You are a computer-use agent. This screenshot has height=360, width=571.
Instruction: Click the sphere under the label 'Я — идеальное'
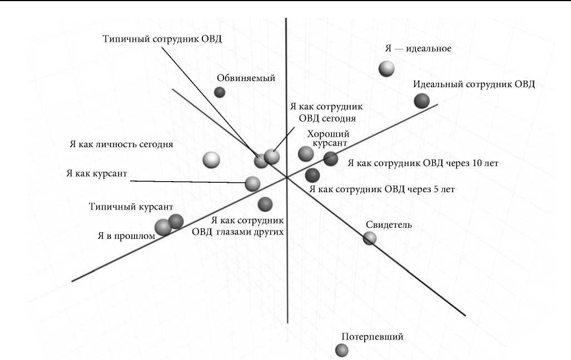click(x=386, y=69)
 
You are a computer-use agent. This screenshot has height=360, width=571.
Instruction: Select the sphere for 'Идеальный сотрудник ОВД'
click(x=422, y=101)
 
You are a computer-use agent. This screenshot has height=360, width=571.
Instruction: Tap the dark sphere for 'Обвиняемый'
click(x=220, y=92)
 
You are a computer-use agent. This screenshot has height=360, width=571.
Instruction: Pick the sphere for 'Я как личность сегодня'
click(x=211, y=160)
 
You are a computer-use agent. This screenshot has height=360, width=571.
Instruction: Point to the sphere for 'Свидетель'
click(x=370, y=238)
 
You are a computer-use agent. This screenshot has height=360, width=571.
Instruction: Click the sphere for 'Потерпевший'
click(x=342, y=350)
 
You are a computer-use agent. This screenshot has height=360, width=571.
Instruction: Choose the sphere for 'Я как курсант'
click(x=252, y=183)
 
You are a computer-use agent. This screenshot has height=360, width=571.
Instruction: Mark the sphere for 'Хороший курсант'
click(x=306, y=154)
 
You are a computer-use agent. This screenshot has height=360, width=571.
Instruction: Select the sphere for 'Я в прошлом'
click(x=163, y=227)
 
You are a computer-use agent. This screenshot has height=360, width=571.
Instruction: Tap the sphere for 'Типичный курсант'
click(x=176, y=221)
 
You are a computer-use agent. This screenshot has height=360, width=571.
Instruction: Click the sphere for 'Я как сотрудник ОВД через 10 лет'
click(x=331, y=159)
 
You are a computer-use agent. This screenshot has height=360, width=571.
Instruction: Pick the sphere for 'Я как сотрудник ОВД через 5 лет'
click(x=312, y=175)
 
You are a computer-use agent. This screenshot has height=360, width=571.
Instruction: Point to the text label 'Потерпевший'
click(x=372, y=336)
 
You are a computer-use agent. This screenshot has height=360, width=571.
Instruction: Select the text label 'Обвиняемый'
click(x=247, y=78)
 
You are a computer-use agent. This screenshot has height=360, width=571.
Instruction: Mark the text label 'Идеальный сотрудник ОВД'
click(x=474, y=84)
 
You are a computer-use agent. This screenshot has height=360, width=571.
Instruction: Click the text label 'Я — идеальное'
click(x=418, y=48)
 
